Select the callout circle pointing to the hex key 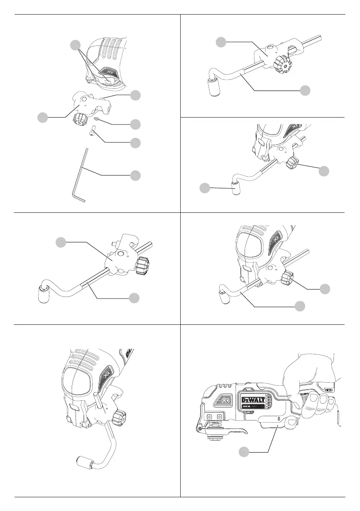[135, 175]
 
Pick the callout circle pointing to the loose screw [135, 142]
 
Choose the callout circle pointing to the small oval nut [135, 124]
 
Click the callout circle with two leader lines [76, 45]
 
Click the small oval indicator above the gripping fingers [327, 390]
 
